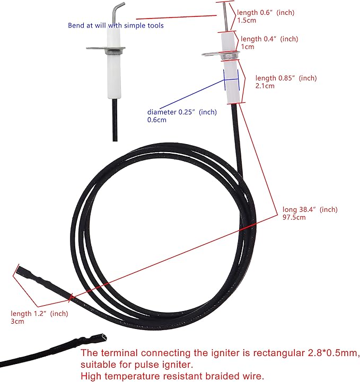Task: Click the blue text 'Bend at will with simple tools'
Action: pos(116,25)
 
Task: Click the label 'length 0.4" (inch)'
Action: pos(269,39)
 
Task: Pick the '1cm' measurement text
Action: pos(248,47)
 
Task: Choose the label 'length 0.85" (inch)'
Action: pos(286,78)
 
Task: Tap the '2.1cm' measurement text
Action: pos(265,86)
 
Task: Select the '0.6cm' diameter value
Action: pos(156,120)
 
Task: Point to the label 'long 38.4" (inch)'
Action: pos(310,209)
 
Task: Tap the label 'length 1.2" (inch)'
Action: pos(40,314)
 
